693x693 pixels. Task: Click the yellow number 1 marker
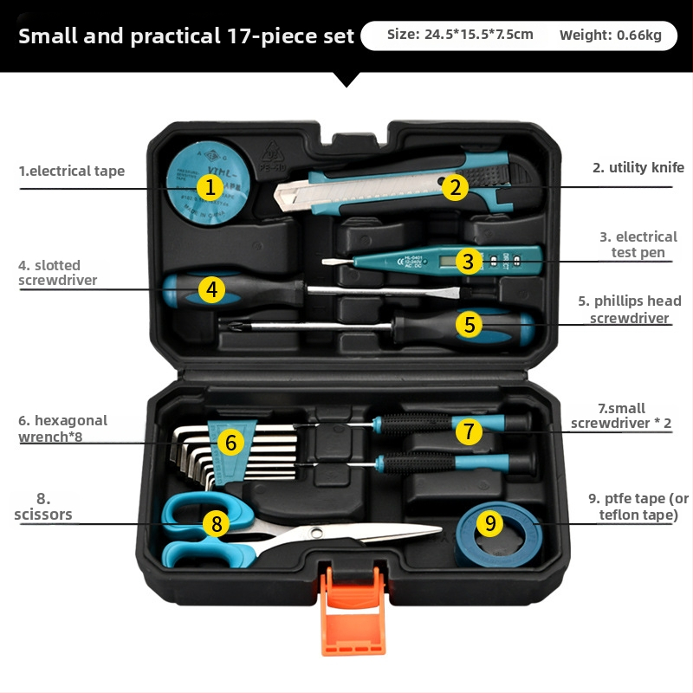(x=210, y=187)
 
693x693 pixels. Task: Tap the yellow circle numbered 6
(x=230, y=443)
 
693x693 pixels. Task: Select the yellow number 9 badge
(x=490, y=523)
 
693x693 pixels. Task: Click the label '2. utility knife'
(x=638, y=167)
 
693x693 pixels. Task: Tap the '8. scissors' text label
(x=42, y=507)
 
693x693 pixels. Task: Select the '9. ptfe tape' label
(x=638, y=507)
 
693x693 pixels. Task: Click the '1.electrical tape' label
(x=72, y=171)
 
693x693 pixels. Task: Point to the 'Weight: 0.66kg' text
(x=611, y=35)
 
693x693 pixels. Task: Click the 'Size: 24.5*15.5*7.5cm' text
(x=460, y=35)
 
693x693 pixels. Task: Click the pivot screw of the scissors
(x=316, y=533)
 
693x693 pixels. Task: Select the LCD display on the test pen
(x=449, y=262)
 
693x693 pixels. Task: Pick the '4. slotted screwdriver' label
(x=57, y=272)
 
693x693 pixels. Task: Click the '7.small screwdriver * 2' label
(x=621, y=416)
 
